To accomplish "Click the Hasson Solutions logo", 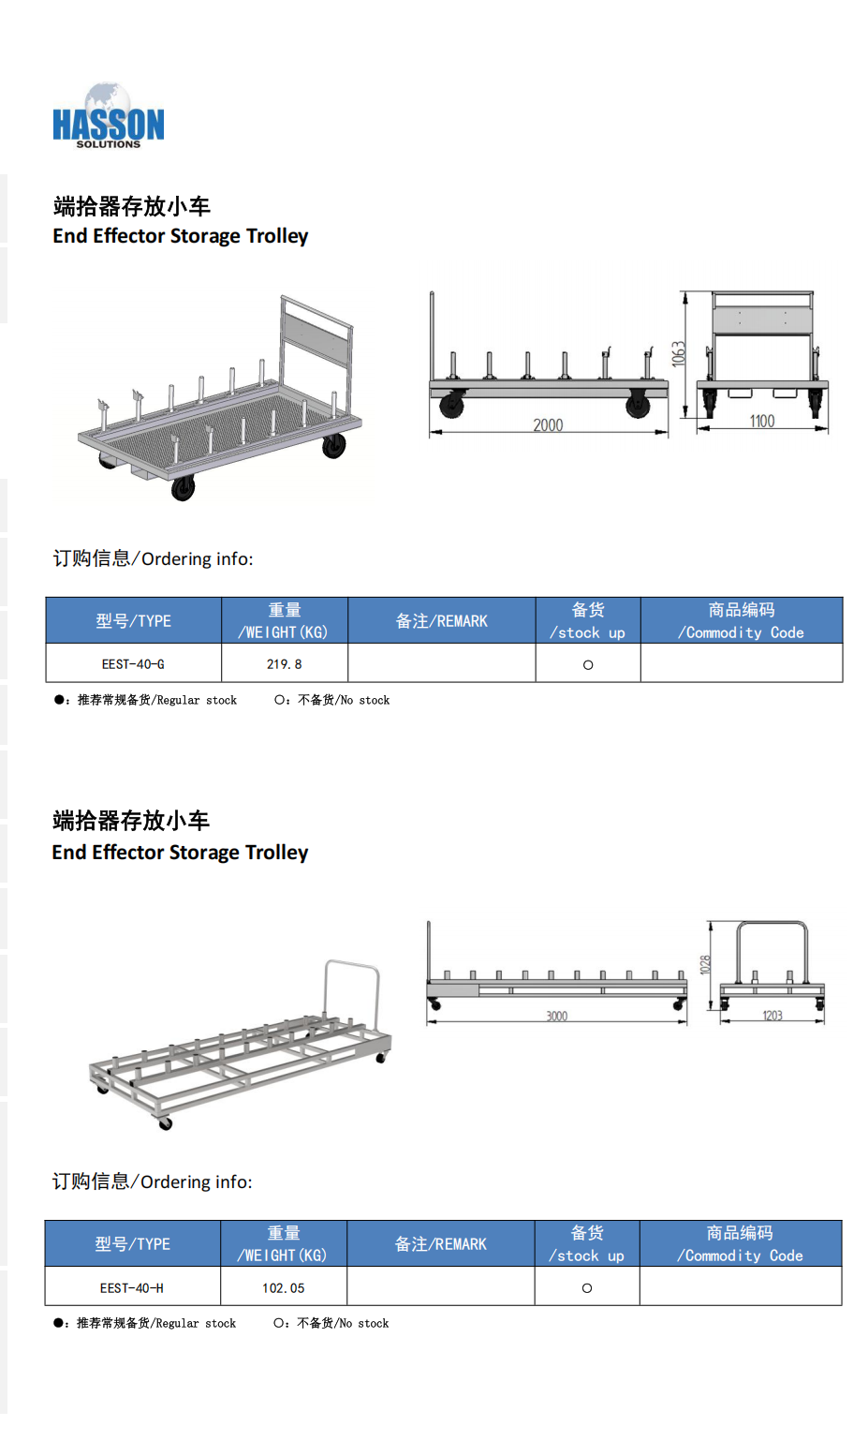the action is (108, 116).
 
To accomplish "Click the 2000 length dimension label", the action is (548, 424).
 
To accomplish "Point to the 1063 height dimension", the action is (679, 354).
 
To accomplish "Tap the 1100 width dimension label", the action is (762, 421).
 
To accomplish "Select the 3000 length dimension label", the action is (557, 1016).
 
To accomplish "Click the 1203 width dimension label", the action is (772, 1015).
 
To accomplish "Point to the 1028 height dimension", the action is (705, 964).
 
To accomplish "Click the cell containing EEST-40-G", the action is (133, 663).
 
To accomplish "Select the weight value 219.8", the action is (285, 664).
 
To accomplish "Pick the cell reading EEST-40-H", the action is (132, 1287).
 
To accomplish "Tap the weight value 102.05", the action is (284, 1288).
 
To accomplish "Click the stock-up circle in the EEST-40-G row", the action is (588, 665).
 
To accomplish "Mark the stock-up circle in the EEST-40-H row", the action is (586, 1288).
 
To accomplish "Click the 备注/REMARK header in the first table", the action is (442, 621).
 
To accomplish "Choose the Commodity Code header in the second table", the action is (740, 1243).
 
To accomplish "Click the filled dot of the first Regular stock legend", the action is (58, 699).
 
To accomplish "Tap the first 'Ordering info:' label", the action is (153, 558).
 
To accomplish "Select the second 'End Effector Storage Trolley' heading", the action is (180, 852).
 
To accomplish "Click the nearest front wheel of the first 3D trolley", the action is (183, 488).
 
